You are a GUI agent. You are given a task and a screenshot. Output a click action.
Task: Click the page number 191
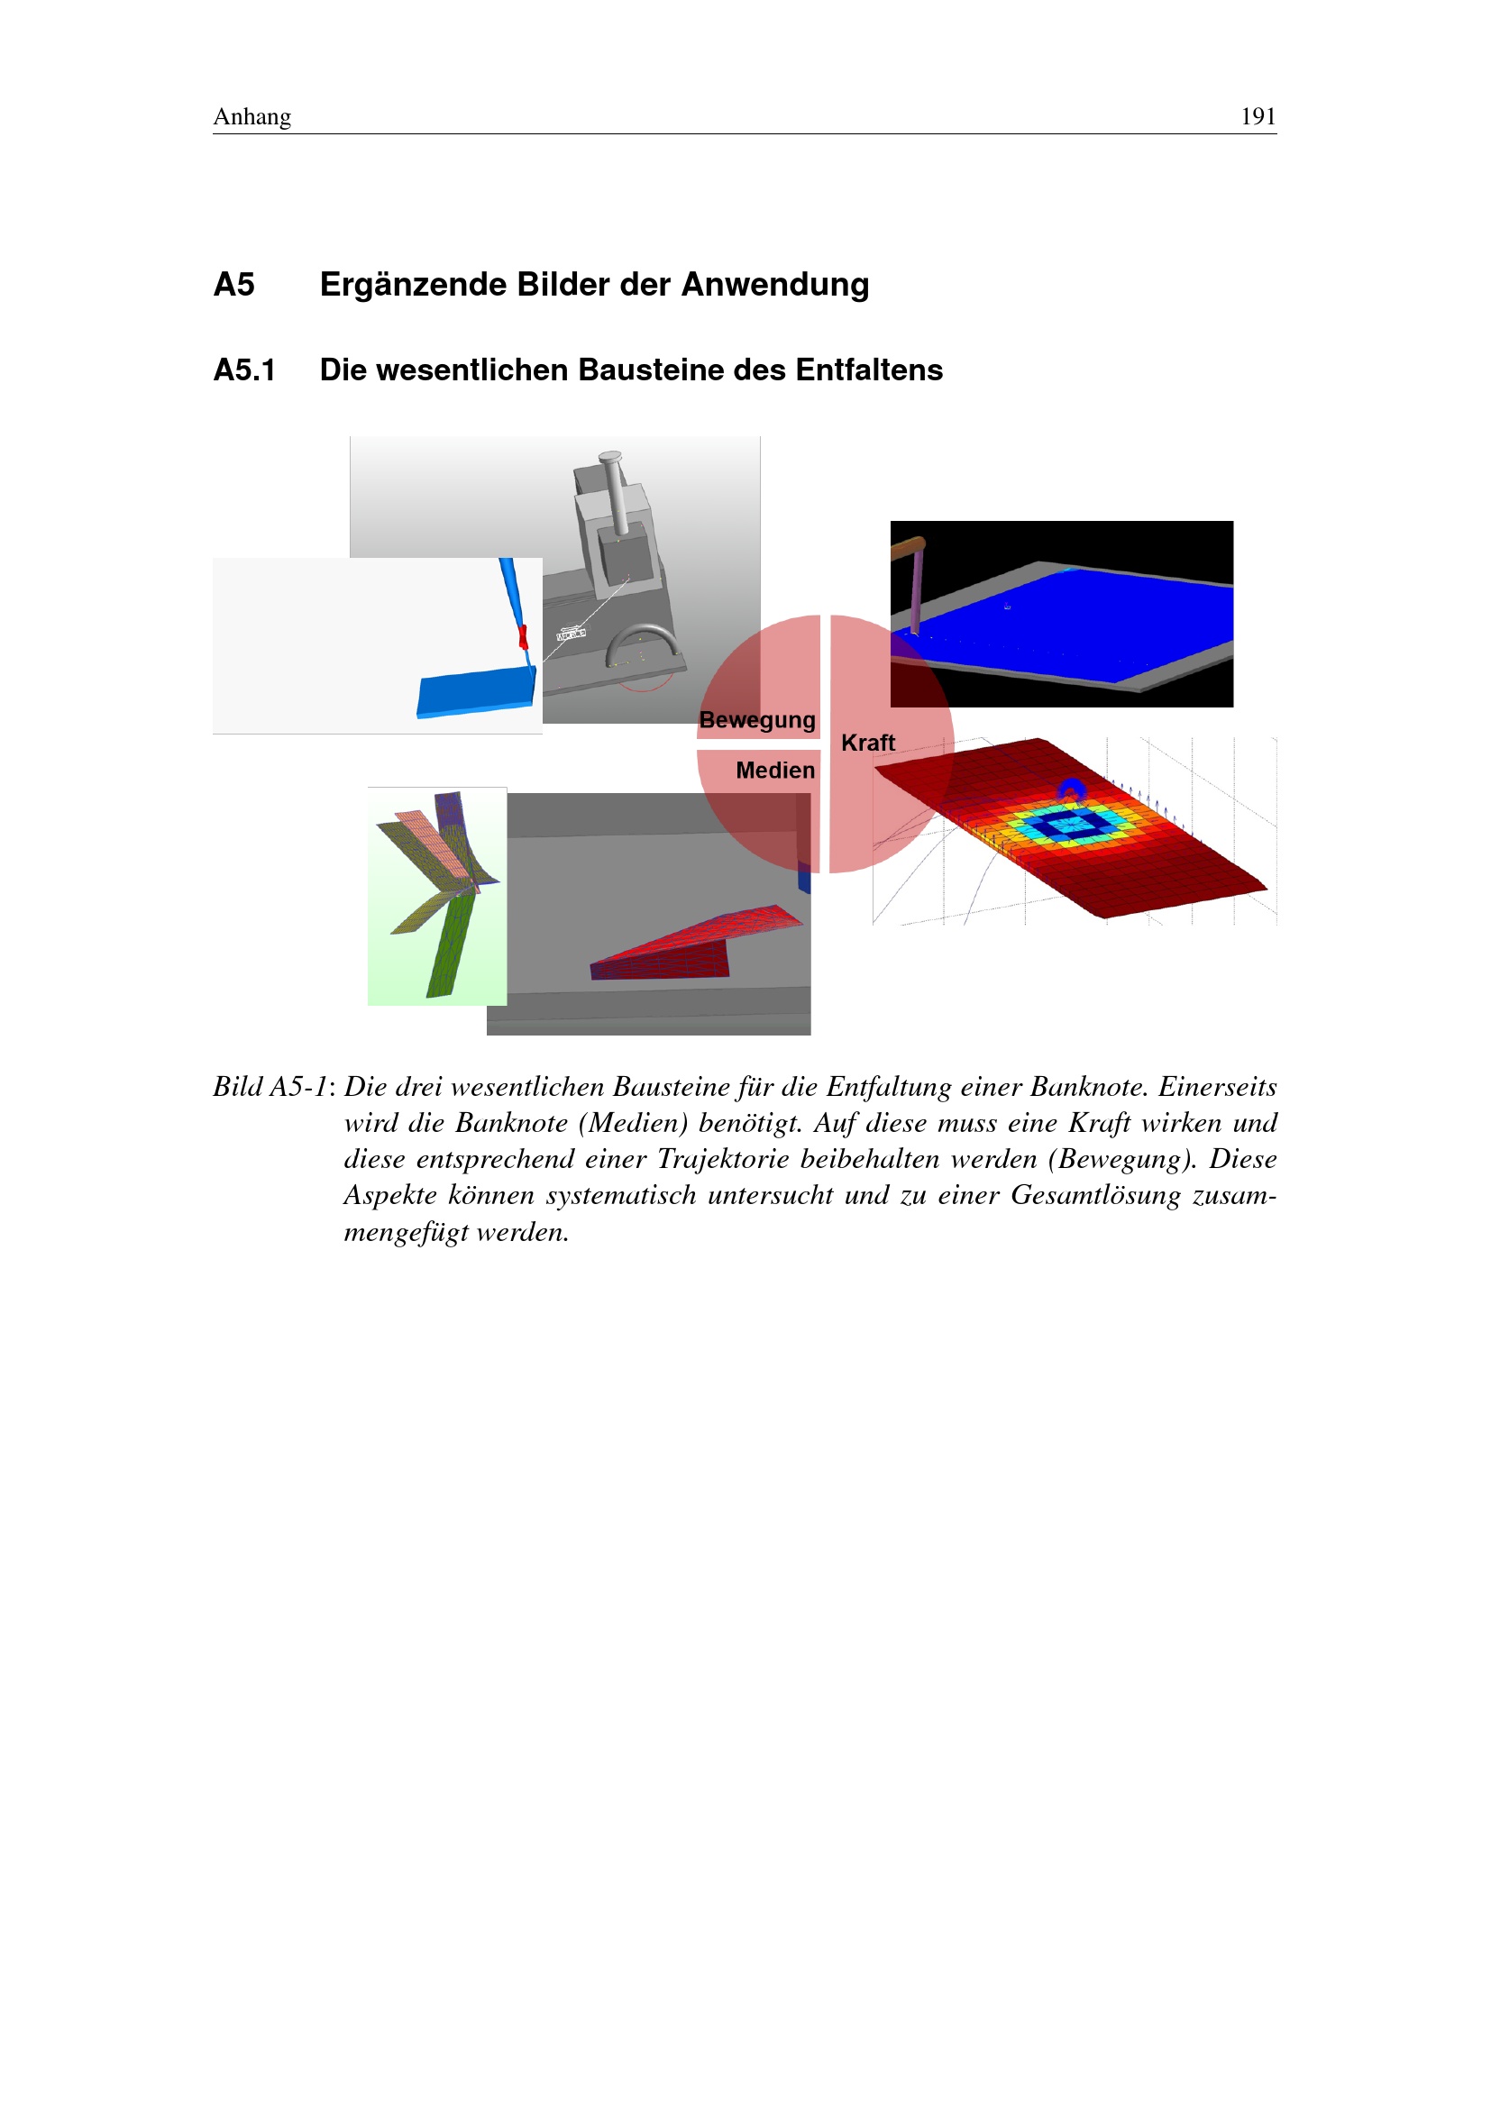1257,116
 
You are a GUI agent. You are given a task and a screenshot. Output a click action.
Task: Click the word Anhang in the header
252,116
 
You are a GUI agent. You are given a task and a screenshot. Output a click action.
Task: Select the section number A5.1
244,370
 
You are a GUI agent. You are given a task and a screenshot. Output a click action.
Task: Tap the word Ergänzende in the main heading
411,285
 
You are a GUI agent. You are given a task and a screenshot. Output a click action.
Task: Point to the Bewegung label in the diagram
756,720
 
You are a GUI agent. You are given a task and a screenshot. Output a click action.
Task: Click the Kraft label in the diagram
866,743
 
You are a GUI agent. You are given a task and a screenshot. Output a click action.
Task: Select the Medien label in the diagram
774,771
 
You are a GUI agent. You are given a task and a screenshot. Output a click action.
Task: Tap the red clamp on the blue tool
523,635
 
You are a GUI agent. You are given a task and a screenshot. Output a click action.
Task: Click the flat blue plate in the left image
476,692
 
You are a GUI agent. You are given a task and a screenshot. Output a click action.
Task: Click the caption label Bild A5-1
271,1087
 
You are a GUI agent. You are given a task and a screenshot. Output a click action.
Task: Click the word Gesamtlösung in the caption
1094,1195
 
